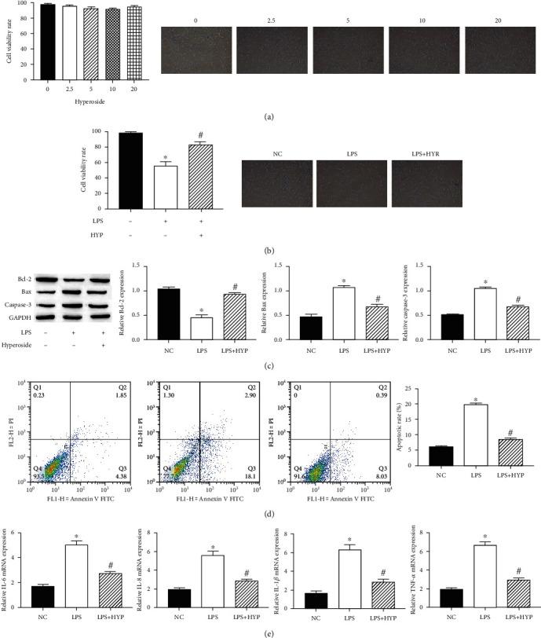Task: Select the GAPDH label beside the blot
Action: [x=32, y=317]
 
